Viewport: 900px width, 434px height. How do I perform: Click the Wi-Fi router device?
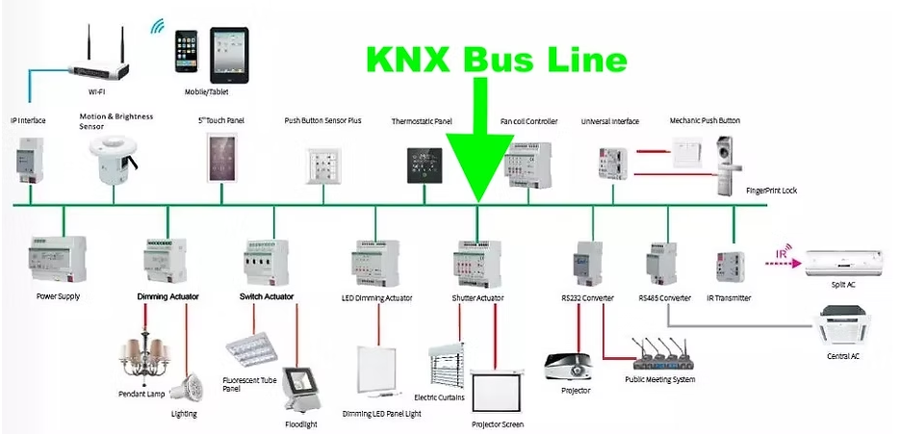[101, 65]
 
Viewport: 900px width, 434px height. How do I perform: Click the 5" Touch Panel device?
[220, 158]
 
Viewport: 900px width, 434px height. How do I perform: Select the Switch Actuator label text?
[267, 296]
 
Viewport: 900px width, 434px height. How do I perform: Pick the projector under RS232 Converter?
[570, 365]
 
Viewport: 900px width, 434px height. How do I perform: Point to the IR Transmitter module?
[729, 266]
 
